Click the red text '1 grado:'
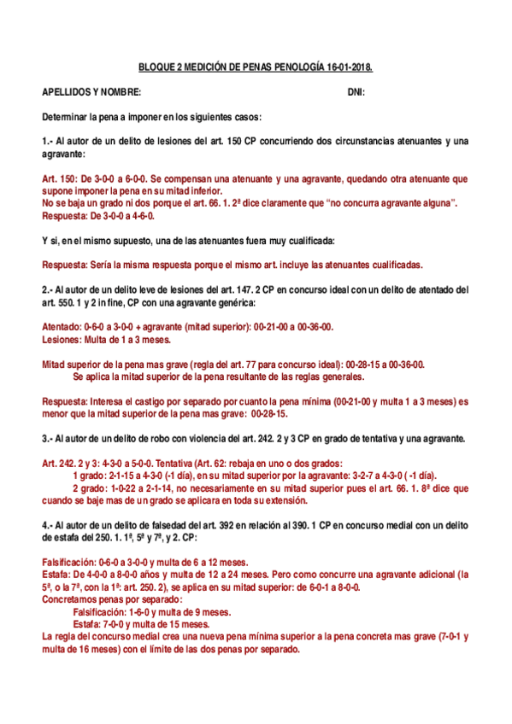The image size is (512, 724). click(x=92, y=476)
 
